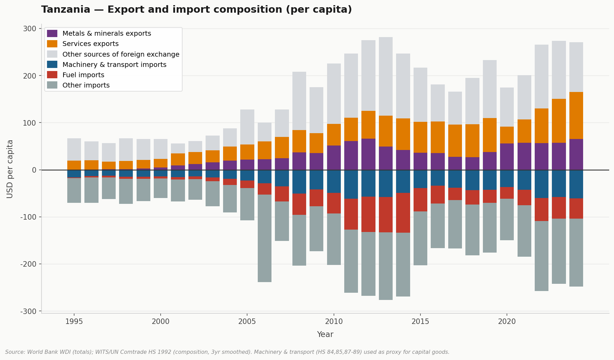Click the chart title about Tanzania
point(196,10)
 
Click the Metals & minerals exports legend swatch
point(52,34)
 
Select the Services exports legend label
point(90,44)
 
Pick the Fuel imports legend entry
point(83,75)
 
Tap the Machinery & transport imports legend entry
point(114,65)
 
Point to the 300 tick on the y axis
point(30,29)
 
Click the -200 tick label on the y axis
point(28,264)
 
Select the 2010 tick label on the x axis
point(334,322)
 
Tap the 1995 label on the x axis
point(74,322)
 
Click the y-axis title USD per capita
point(10,169)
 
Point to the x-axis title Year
point(325,335)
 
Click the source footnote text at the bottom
point(227,352)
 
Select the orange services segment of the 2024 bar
point(576,116)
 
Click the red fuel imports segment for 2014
point(403,213)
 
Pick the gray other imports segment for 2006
point(265,238)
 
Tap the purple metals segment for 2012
point(368,154)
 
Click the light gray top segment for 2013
point(386,77)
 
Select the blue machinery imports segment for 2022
point(542,184)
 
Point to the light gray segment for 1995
point(74,150)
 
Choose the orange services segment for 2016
point(438,137)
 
